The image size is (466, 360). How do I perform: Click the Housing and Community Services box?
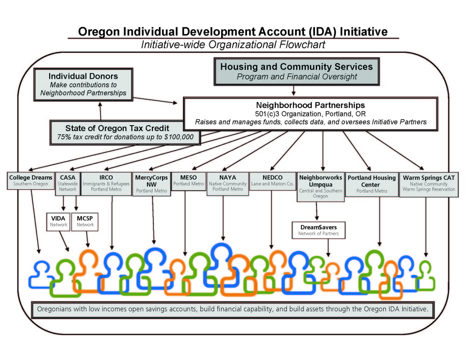point(296,71)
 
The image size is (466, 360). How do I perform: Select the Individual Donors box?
point(83,85)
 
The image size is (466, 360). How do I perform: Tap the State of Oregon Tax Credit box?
point(125,132)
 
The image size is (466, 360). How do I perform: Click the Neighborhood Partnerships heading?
point(310,105)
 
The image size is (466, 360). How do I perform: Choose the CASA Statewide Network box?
point(67,183)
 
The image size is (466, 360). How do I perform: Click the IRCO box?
point(106,183)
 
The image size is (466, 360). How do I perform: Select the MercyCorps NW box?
point(152,183)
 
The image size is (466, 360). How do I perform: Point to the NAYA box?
point(228,183)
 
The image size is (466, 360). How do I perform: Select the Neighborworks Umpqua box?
point(320,186)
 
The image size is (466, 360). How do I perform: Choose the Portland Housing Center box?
point(371,183)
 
